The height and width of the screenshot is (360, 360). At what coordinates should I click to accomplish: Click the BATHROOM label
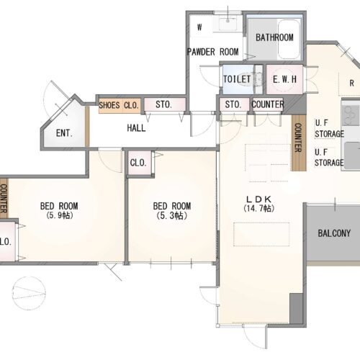(274, 37)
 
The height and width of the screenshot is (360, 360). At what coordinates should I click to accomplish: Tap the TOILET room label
(237, 79)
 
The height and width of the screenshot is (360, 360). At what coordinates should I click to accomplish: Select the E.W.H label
(284, 79)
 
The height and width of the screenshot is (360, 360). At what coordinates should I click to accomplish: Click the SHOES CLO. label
(119, 105)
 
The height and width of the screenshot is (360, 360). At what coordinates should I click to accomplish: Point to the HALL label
(136, 128)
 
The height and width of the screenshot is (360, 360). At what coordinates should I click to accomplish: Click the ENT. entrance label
(64, 133)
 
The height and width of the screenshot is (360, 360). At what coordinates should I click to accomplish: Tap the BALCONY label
(334, 233)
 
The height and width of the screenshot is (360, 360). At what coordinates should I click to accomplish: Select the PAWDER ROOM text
(212, 52)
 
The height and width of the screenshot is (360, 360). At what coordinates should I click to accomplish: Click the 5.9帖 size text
(59, 215)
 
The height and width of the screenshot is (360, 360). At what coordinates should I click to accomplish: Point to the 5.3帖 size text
(172, 216)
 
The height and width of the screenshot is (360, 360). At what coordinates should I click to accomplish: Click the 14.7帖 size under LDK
(258, 208)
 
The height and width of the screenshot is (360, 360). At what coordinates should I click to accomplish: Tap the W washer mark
(199, 27)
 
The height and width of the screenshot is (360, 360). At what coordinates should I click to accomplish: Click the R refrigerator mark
(351, 83)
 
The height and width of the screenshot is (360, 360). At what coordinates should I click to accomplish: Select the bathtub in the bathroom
(289, 39)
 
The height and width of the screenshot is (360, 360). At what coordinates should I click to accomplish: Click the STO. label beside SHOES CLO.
(163, 104)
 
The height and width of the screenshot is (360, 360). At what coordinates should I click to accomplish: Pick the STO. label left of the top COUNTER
(233, 104)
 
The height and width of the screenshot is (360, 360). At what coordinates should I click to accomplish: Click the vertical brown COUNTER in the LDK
(299, 142)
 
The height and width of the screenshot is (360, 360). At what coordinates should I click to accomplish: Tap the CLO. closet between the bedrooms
(138, 163)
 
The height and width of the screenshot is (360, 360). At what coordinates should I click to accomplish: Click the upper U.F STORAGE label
(329, 128)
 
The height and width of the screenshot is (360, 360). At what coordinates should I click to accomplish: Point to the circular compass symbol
(29, 293)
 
